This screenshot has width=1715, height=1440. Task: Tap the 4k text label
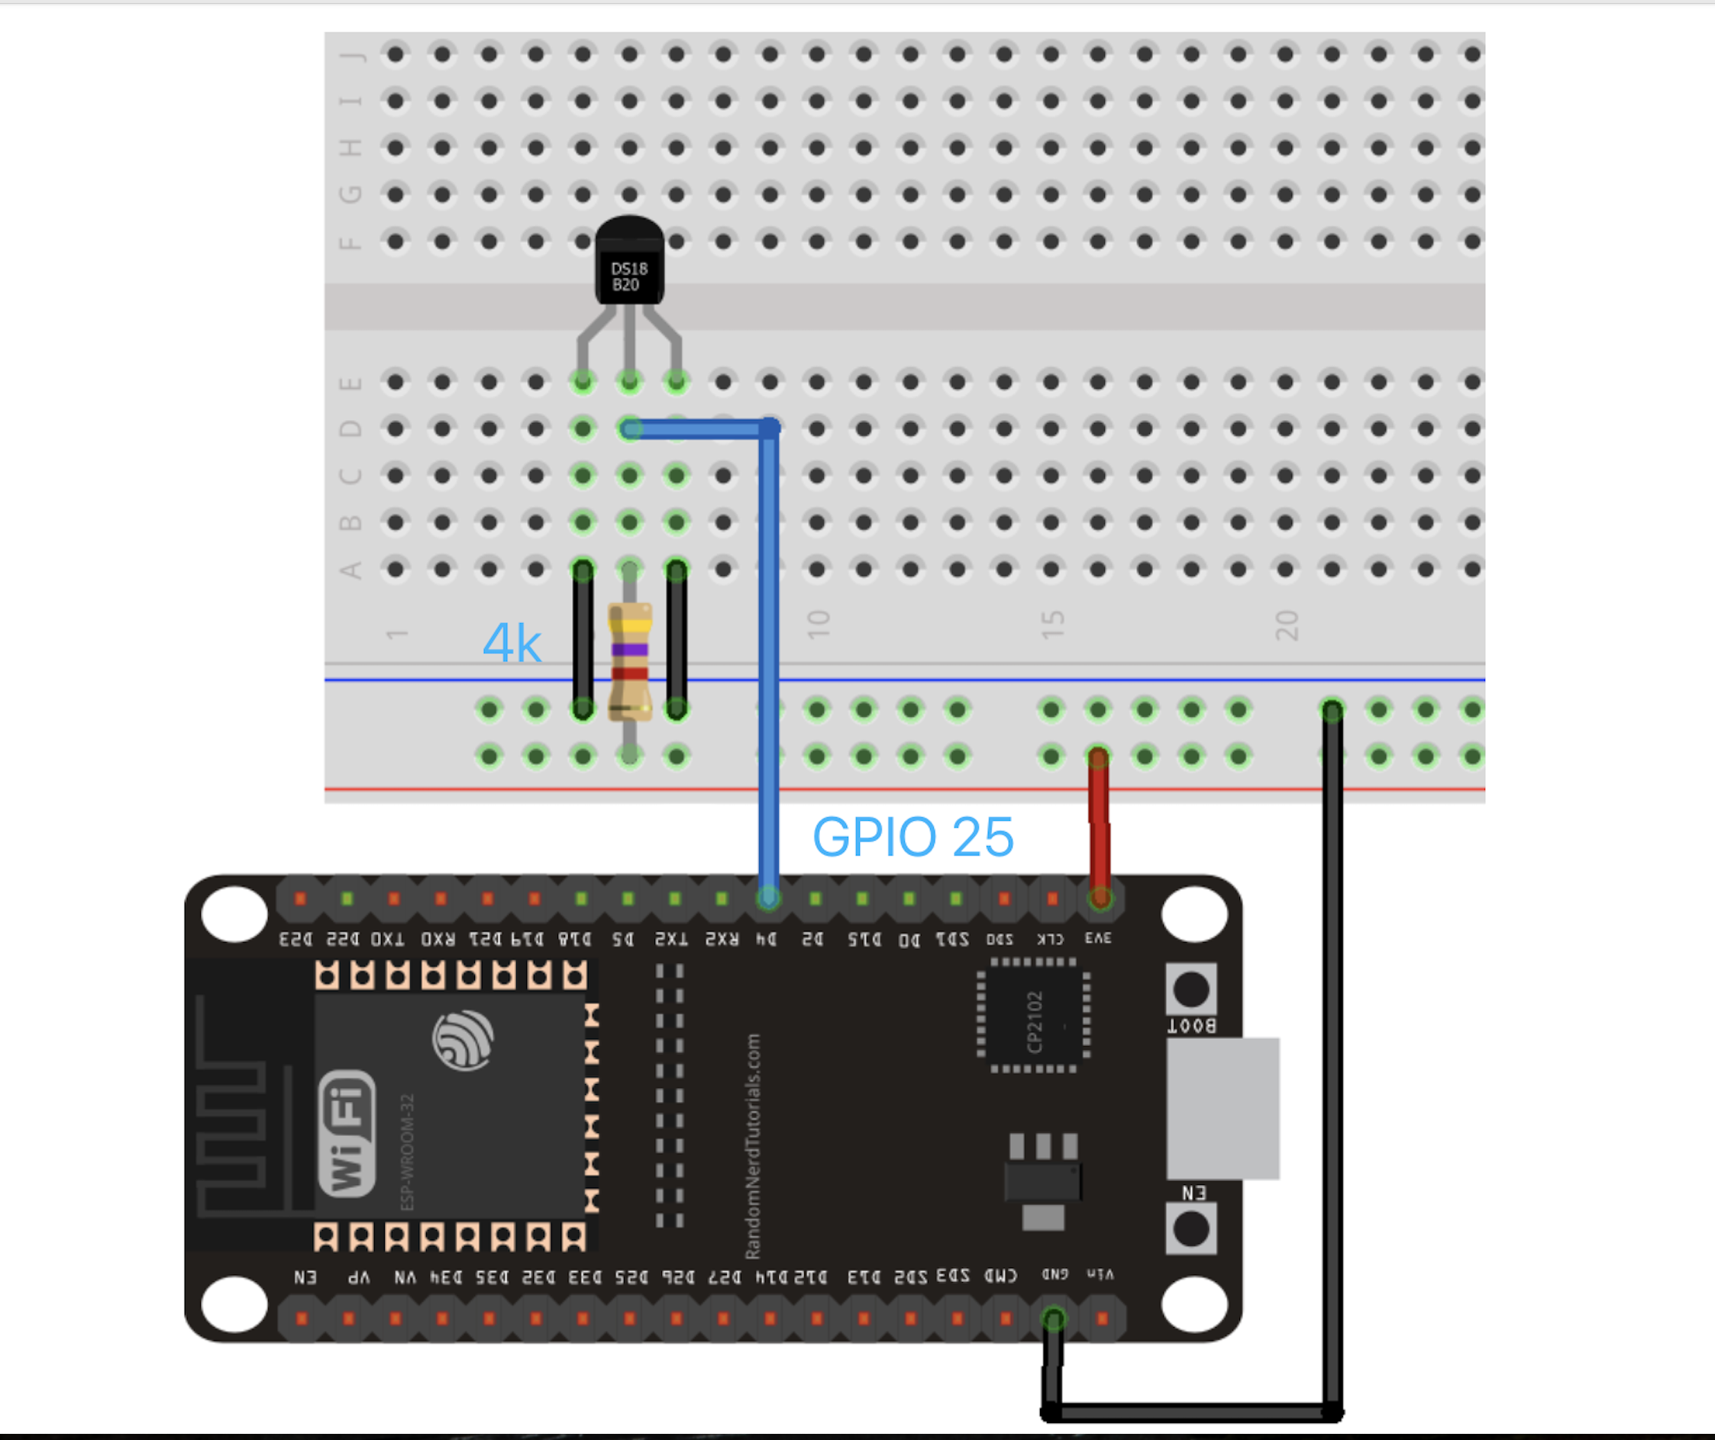click(512, 643)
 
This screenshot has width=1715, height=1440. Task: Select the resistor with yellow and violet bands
click(630, 662)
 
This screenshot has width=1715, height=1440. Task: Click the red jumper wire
click(1099, 825)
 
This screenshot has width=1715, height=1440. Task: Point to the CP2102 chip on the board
click(1034, 1016)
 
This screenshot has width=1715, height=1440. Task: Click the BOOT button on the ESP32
click(1190, 990)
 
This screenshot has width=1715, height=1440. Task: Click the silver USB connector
click(1222, 1109)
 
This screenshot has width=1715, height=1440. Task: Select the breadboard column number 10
click(818, 625)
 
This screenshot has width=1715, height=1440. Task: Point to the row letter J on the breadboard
click(351, 56)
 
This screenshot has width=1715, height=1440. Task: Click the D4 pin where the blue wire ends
click(767, 899)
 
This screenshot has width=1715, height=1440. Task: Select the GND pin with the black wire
click(1054, 1319)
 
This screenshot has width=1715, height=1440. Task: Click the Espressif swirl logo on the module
click(462, 1040)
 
